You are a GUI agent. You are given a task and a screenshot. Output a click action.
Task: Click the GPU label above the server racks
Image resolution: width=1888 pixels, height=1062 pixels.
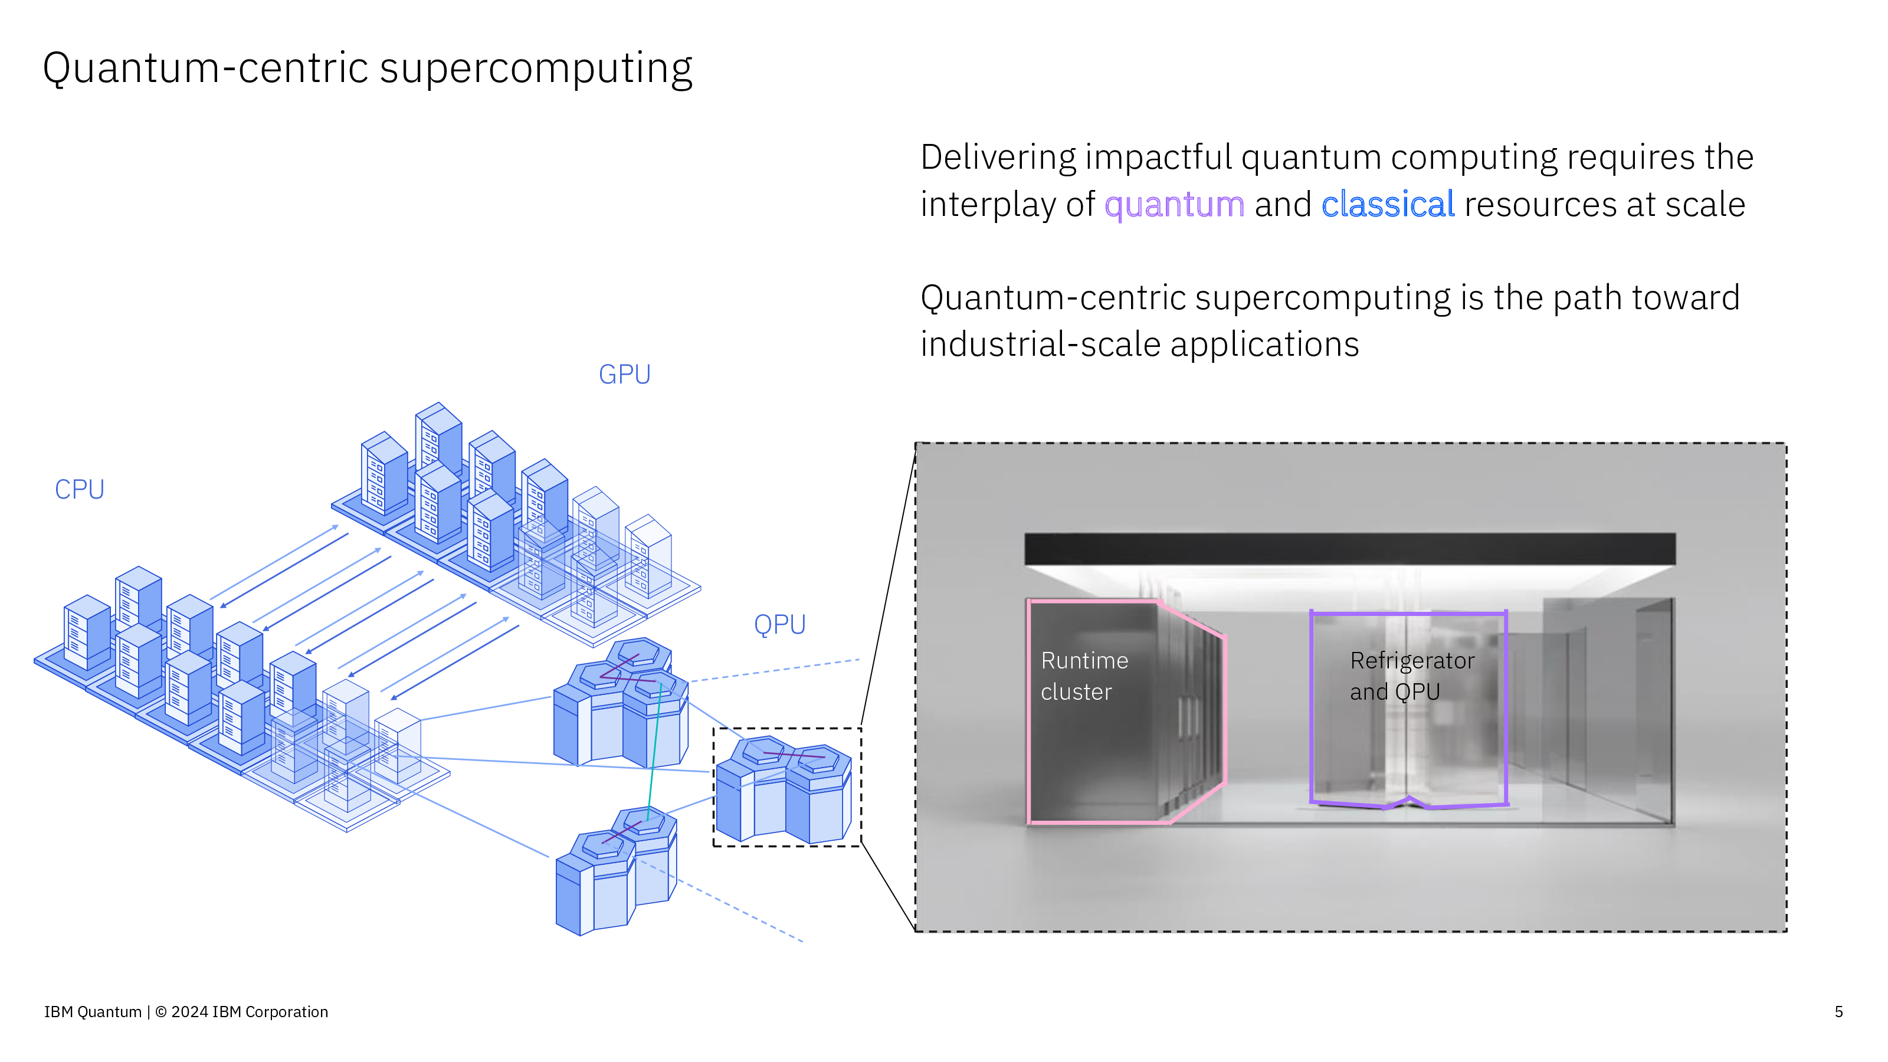(x=624, y=375)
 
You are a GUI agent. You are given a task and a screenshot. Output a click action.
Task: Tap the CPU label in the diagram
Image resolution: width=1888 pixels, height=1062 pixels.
(x=79, y=490)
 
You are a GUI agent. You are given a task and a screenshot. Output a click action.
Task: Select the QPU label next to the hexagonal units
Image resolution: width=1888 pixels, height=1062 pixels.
(x=780, y=624)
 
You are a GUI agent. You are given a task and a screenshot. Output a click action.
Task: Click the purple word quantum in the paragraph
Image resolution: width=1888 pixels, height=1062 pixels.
(x=1174, y=205)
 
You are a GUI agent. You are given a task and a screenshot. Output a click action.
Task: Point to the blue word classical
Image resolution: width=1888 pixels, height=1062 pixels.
(x=1388, y=205)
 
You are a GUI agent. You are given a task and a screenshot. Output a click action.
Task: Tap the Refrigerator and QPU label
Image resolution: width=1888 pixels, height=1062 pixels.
(x=1412, y=676)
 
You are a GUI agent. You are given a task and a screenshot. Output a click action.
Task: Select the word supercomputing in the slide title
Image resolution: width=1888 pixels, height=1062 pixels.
(x=536, y=68)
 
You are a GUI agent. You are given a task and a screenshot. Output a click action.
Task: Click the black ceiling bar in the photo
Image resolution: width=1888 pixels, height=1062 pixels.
(x=1349, y=548)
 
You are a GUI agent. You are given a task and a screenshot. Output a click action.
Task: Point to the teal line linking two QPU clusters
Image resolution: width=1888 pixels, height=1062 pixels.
(x=654, y=748)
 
